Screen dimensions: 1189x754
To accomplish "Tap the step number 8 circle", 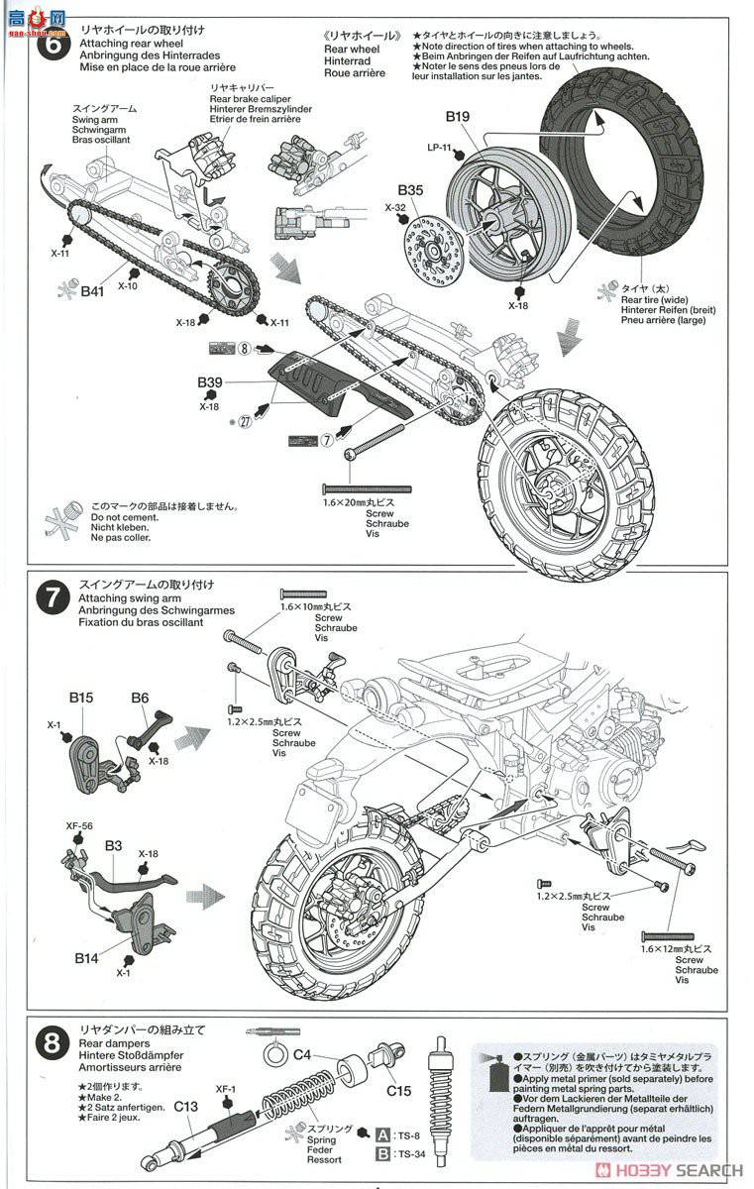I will (50, 1044).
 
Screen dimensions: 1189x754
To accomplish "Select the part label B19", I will (457, 116).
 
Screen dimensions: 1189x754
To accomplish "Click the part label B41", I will (92, 291).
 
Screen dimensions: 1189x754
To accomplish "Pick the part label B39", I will (209, 382).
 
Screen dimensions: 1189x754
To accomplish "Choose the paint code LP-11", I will (439, 148).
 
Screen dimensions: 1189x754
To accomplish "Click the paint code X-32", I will (395, 208).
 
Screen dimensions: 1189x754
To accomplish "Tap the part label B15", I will (81, 698).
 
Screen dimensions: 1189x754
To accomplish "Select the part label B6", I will (140, 698).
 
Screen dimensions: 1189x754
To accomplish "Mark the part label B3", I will (114, 845).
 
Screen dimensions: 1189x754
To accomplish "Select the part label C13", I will (187, 1106).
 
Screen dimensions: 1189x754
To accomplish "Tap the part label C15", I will (399, 1091).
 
